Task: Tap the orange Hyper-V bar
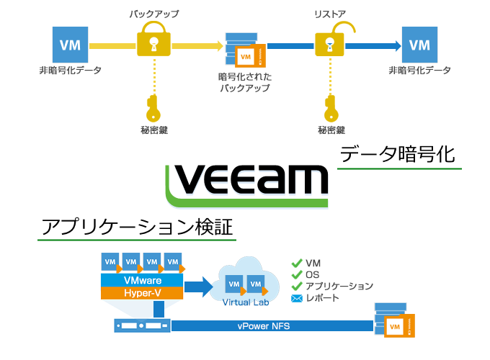click(142, 293)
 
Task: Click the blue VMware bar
click(142, 279)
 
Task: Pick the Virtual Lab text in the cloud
click(242, 302)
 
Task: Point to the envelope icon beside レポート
click(295, 298)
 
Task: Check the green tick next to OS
click(295, 274)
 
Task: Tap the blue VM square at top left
click(70, 45)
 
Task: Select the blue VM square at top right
click(419, 45)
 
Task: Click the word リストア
click(331, 13)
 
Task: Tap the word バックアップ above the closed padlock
click(153, 13)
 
